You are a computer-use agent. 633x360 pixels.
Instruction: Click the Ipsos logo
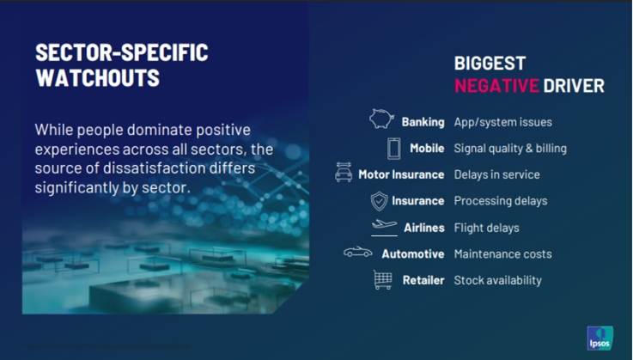pyautogui.click(x=600, y=338)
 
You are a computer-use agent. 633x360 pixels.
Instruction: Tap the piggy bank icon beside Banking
pyautogui.click(x=381, y=119)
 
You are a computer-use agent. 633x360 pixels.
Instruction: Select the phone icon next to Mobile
pyautogui.click(x=394, y=149)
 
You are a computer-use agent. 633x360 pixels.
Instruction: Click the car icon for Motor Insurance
pyautogui.click(x=344, y=172)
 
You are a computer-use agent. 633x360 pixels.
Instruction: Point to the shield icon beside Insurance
pyautogui.click(x=379, y=201)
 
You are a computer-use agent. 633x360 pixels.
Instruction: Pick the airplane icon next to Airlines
pyautogui.click(x=384, y=225)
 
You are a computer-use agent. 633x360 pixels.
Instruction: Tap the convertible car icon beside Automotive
pyautogui.click(x=358, y=252)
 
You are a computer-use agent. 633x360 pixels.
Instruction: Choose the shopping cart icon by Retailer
pyautogui.click(x=383, y=279)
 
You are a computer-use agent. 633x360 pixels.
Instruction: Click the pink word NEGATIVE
pyautogui.click(x=496, y=86)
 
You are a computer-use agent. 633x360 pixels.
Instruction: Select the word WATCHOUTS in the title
pyautogui.click(x=98, y=77)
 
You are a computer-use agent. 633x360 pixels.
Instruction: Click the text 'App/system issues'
pyautogui.click(x=502, y=122)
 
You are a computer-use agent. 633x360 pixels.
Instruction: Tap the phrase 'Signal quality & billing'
pyautogui.click(x=510, y=149)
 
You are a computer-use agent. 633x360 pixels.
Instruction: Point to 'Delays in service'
pyautogui.click(x=497, y=174)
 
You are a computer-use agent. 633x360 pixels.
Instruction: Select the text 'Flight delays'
pyautogui.click(x=486, y=228)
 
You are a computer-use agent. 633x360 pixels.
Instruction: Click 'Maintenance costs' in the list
pyautogui.click(x=502, y=253)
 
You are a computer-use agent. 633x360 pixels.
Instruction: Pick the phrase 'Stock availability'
pyautogui.click(x=498, y=280)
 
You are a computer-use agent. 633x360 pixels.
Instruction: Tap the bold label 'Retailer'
pyautogui.click(x=423, y=280)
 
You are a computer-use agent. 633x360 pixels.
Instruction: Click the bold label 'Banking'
pyautogui.click(x=423, y=122)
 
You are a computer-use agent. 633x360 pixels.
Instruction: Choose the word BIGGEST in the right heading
pyautogui.click(x=490, y=64)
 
